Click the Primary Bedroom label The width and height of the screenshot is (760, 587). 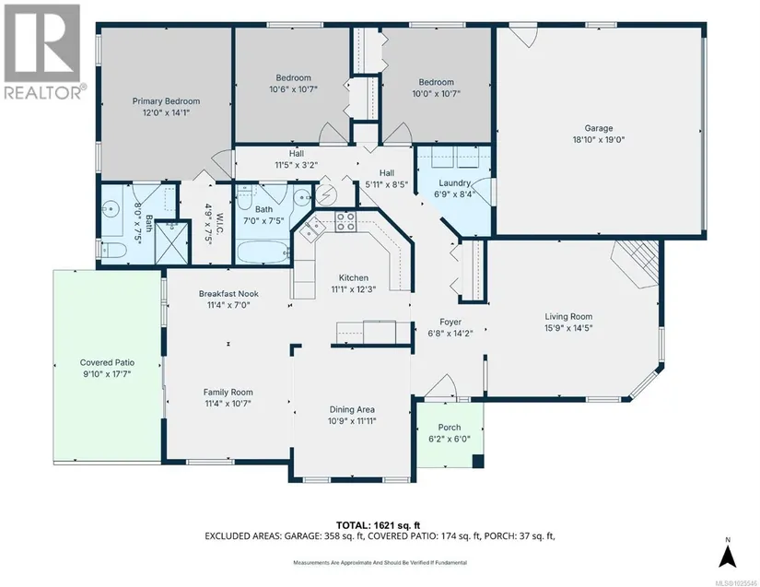[x=166, y=101]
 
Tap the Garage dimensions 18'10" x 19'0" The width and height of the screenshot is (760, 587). [x=599, y=140]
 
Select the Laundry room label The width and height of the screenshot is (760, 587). [x=455, y=182]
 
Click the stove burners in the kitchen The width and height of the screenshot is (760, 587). [x=346, y=221]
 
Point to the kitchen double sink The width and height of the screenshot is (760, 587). [x=310, y=229]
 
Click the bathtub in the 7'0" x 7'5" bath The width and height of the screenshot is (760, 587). [x=263, y=252]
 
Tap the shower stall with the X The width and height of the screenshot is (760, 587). [x=171, y=242]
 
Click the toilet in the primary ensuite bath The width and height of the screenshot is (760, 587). [x=113, y=250]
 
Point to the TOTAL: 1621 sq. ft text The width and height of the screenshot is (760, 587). [x=378, y=525]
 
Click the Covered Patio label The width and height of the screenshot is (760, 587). [x=107, y=362]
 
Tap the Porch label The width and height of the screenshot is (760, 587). [x=450, y=428]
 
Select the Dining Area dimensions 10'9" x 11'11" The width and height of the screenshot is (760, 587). [x=352, y=421]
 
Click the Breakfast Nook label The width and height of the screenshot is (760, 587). [x=228, y=294]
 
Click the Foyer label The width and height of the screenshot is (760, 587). [x=450, y=322]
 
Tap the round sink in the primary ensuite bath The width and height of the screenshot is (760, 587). [x=111, y=209]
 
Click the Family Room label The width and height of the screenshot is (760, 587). [x=228, y=393]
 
